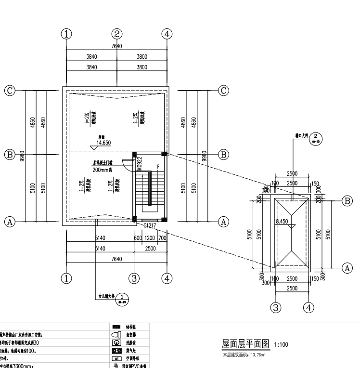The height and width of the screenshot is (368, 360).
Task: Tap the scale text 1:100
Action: pyautogui.click(x=282, y=345)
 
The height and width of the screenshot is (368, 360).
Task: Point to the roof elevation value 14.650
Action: pyautogui.click(x=103, y=143)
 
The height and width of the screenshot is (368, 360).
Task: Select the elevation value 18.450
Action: pyautogui.click(x=281, y=222)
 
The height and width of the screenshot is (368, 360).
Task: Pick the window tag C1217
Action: pyautogui.click(x=150, y=225)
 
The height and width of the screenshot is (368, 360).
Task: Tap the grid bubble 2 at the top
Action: pyautogui.click(x=117, y=34)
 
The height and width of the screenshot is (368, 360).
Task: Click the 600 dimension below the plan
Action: pyautogui.click(x=137, y=237)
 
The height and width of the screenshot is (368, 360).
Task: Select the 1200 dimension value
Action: pyautogui.click(x=150, y=237)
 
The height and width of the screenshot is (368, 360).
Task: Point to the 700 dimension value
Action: pyautogui.click(x=162, y=237)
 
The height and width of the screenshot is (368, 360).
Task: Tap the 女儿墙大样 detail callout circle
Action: pyautogui.click(x=123, y=298)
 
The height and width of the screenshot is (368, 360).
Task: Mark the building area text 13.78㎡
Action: pyautogui.click(x=254, y=355)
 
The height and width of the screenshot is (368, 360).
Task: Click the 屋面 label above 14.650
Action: pyautogui.click(x=102, y=137)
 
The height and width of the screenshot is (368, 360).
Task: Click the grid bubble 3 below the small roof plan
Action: pyautogui.click(x=276, y=307)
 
